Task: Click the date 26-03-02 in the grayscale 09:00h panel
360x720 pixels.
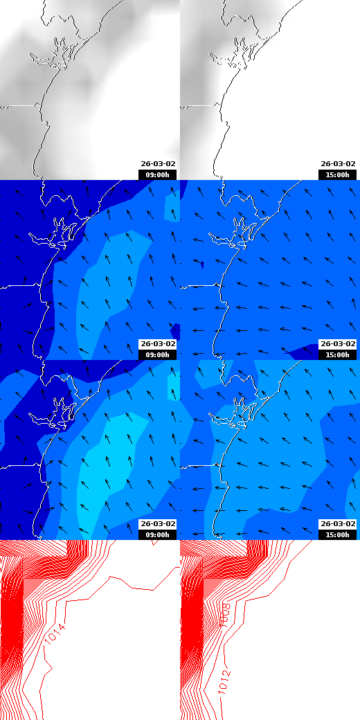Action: click(x=158, y=164)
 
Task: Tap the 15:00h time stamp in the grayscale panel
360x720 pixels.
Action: click(x=337, y=174)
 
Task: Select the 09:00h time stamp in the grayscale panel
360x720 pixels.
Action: click(x=158, y=174)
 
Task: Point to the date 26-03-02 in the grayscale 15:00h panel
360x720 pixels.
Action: click(x=337, y=164)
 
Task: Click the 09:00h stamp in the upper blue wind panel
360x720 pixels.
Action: click(x=158, y=354)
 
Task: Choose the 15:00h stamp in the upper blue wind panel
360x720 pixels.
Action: click(x=337, y=354)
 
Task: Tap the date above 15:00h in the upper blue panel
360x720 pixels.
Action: click(x=337, y=344)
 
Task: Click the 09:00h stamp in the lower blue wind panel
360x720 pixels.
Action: click(x=158, y=534)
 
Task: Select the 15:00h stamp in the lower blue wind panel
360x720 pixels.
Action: click(x=337, y=534)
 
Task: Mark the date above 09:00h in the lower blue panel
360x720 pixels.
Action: click(x=158, y=524)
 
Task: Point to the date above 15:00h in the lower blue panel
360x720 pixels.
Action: click(x=337, y=524)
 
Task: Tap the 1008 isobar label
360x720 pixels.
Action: click(x=224, y=615)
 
